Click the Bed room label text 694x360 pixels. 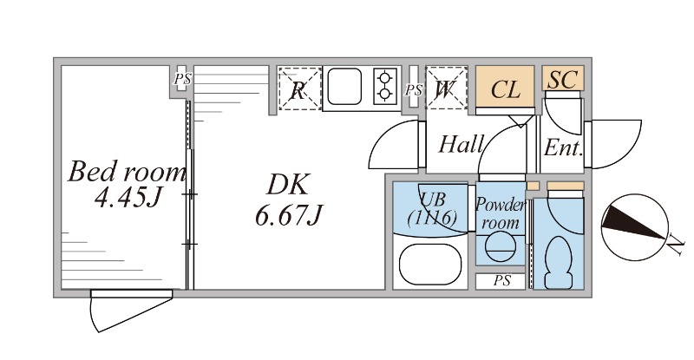click(128, 172)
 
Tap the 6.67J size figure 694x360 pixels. click(289, 213)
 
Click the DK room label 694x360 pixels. click(287, 185)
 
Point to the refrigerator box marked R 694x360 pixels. click(298, 89)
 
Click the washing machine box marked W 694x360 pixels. click(447, 88)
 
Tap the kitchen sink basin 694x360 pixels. click(346, 87)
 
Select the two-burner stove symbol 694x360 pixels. click(384, 87)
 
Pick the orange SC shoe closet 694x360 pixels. click(563, 80)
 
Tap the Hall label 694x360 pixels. click(460, 143)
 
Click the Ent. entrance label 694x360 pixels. click(563, 147)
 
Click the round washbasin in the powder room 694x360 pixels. click(499, 249)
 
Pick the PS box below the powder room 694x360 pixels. click(501, 281)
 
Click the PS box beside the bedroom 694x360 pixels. click(181, 79)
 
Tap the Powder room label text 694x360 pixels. click(501, 213)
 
